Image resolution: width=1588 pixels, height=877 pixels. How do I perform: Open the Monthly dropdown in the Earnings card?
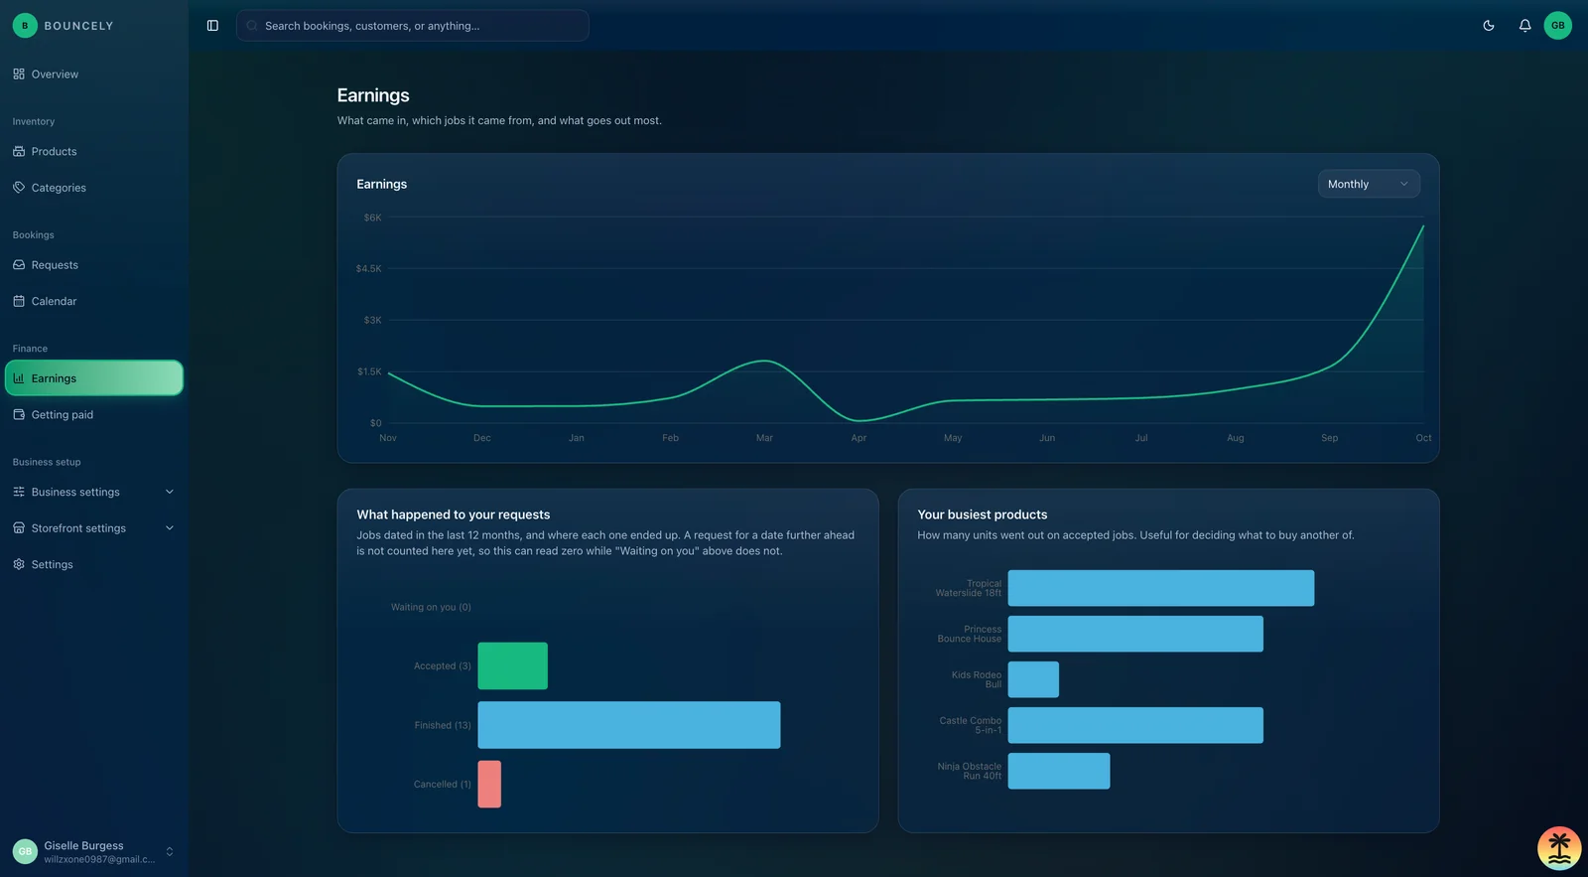pos(1369,184)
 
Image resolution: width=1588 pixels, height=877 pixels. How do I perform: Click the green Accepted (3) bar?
pos(512,665)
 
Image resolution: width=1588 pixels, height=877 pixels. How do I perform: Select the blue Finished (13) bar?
pos(629,724)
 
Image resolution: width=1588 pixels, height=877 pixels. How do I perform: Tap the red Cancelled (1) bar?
pos(489,784)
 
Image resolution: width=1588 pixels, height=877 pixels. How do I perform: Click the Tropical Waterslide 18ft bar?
pos(1160,588)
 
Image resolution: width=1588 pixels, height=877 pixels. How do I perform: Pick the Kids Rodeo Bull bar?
pos(1033,679)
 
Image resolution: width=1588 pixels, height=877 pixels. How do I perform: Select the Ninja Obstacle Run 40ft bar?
pos(1058,771)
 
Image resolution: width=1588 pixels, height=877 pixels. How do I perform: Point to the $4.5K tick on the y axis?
pos(368,268)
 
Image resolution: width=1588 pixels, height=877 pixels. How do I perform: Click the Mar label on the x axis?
pos(764,438)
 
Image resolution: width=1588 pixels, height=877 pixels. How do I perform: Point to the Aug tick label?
pos(1235,438)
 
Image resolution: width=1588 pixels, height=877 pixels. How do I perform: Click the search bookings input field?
pos(412,26)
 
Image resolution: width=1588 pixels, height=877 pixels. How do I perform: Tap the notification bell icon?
pos(1524,26)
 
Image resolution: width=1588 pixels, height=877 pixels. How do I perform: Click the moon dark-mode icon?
pos(1488,26)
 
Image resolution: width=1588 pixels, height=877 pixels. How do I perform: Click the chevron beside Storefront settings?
pos(170,528)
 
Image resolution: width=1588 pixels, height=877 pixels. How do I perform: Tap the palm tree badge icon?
pos(1559,848)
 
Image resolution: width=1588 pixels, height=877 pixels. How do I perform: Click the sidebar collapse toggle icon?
pos(212,26)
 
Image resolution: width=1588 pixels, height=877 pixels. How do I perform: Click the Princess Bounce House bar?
pos(1135,634)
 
